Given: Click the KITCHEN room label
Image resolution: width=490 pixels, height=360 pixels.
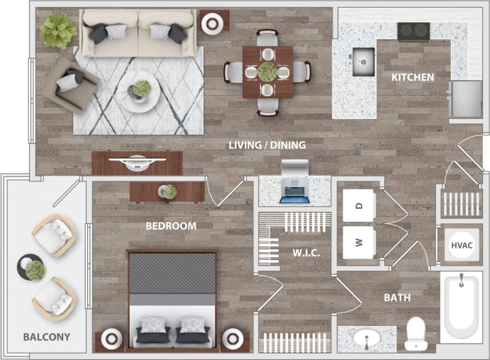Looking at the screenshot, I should pyautogui.click(x=412, y=77).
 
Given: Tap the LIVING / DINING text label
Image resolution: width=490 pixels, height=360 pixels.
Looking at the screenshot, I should pyautogui.click(x=267, y=145).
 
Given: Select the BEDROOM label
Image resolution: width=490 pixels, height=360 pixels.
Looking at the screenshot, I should pyautogui.click(x=171, y=226).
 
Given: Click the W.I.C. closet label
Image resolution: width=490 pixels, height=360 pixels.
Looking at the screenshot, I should pyautogui.click(x=306, y=253).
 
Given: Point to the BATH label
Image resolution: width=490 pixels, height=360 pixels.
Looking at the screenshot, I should pyautogui.click(x=397, y=298).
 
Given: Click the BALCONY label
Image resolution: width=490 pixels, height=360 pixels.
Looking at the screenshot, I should pyautogui.click(x=46, y=337).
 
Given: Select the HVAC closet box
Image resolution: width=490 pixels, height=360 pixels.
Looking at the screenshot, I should pyautogui.click(x=461, y=245).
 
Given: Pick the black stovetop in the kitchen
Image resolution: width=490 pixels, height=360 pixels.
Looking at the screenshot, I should pyautogui.click(x=412, y=31).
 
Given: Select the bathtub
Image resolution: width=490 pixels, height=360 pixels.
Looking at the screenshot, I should pyautogui.click(x=460, y=308).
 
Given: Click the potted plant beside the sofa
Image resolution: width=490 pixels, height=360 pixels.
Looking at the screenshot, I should pyautogui.click(x=58, y=30).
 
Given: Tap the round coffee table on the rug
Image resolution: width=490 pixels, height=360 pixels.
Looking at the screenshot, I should pyautogui.click(x=140, y=91).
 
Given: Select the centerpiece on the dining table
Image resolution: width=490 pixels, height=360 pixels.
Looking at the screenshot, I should pyautogui.click(x=267, y=72).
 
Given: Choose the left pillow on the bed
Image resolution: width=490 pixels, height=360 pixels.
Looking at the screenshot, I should pyautogui.click(x=152, y=327).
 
